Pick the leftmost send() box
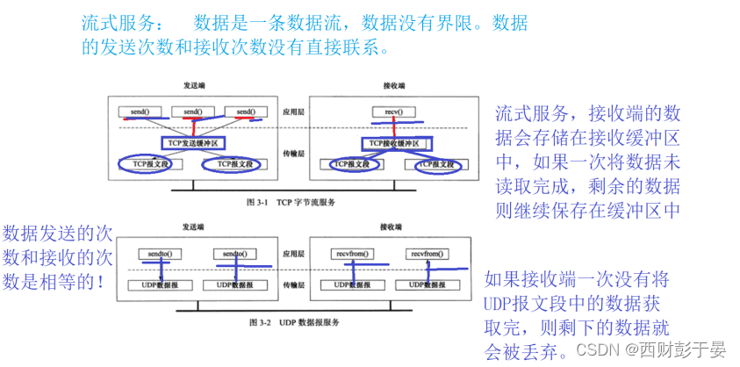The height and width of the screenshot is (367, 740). (x=140, y=112)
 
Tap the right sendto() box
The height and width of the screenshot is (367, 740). (x=236, y=254)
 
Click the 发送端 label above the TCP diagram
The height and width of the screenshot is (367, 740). (x=194, y=86)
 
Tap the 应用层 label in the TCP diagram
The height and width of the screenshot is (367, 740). (x=291, y=113)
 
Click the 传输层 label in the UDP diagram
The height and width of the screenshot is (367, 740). (x=291, y=284)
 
